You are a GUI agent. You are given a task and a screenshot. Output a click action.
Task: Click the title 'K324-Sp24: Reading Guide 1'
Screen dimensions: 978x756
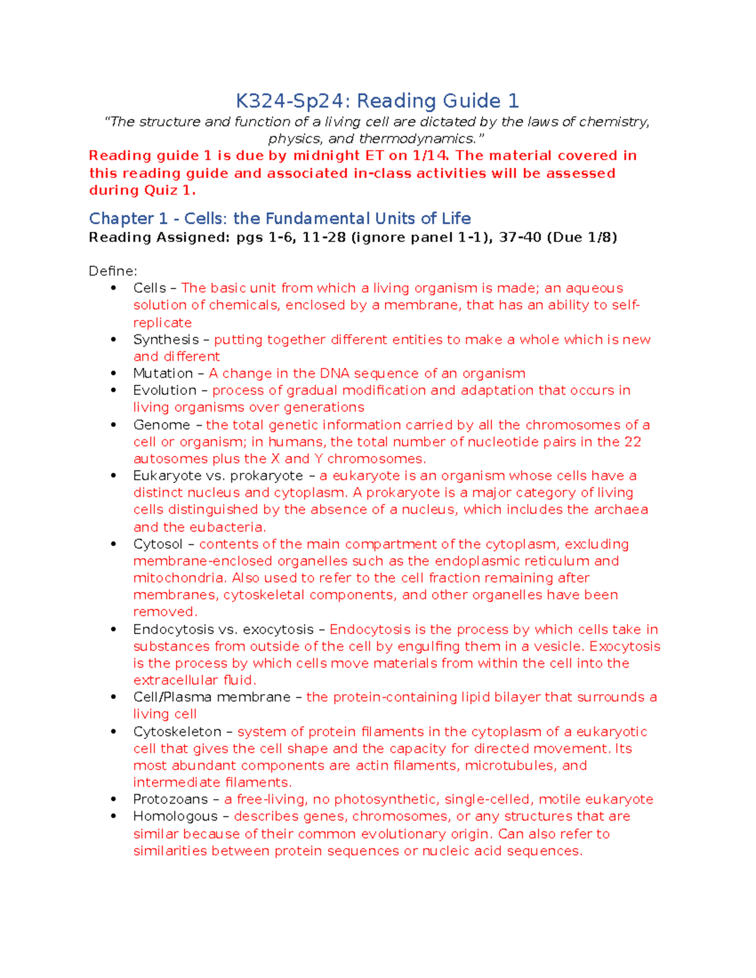[377, 101]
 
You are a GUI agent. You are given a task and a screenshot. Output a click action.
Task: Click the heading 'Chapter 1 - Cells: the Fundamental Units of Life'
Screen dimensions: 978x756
[280, 219]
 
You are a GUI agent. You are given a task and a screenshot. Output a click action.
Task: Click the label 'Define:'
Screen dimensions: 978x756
[113, 271]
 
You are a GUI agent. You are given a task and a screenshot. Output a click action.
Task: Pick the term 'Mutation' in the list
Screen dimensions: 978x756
[163, 373]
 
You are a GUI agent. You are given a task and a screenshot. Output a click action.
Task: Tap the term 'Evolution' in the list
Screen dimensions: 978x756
[164, 390]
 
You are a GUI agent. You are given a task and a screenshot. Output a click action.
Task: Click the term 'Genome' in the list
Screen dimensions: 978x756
[161, 425]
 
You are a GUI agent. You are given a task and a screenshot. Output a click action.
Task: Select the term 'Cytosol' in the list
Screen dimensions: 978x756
[157, 544]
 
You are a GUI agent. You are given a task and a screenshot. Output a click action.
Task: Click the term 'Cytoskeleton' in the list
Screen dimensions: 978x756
[177, 732]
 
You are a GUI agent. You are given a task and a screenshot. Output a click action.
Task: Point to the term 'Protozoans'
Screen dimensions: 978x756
[170, 799]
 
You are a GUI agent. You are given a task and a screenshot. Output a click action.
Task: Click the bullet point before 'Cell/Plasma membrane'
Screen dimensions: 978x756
[113, 697]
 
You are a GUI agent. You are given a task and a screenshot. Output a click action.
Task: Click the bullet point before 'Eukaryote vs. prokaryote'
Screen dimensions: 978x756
[113, 476]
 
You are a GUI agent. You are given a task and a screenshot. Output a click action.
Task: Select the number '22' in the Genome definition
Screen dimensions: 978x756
[633, 442]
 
